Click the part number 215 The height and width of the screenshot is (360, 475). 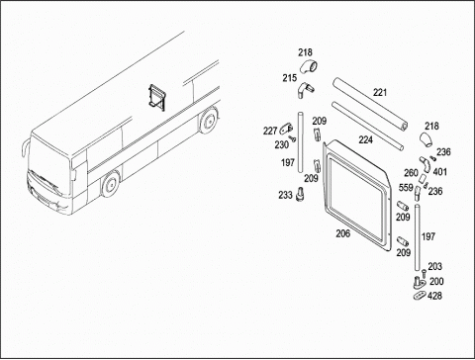[289, 78]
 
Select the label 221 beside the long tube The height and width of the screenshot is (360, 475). [380, 93]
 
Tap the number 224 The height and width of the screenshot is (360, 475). [366, 140]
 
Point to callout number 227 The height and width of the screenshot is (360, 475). [270, 131]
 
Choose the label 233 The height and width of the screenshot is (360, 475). [285, 195]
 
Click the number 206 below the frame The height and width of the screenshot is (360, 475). [343, 233]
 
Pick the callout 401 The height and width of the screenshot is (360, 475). [440, 172]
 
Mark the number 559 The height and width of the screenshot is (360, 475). [406, 188]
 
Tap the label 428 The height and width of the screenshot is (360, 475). [434, 296]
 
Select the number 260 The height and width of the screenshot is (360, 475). [411, 173]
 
